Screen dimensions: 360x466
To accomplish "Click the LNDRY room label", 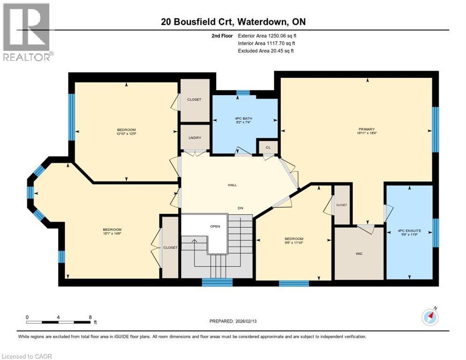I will point(195,137).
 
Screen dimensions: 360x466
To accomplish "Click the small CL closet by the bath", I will point(268,146).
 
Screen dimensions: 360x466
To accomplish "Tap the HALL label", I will point(232,185).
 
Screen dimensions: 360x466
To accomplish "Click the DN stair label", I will point(240,208).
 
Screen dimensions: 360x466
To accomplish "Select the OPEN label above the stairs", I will point(215,226).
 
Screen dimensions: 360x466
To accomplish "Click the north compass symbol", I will point(430,317).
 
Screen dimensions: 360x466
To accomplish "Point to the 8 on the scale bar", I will point(90,317).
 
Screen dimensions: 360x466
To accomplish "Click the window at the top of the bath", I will point(243,93).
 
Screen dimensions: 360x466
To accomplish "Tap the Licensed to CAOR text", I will point(27,356).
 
